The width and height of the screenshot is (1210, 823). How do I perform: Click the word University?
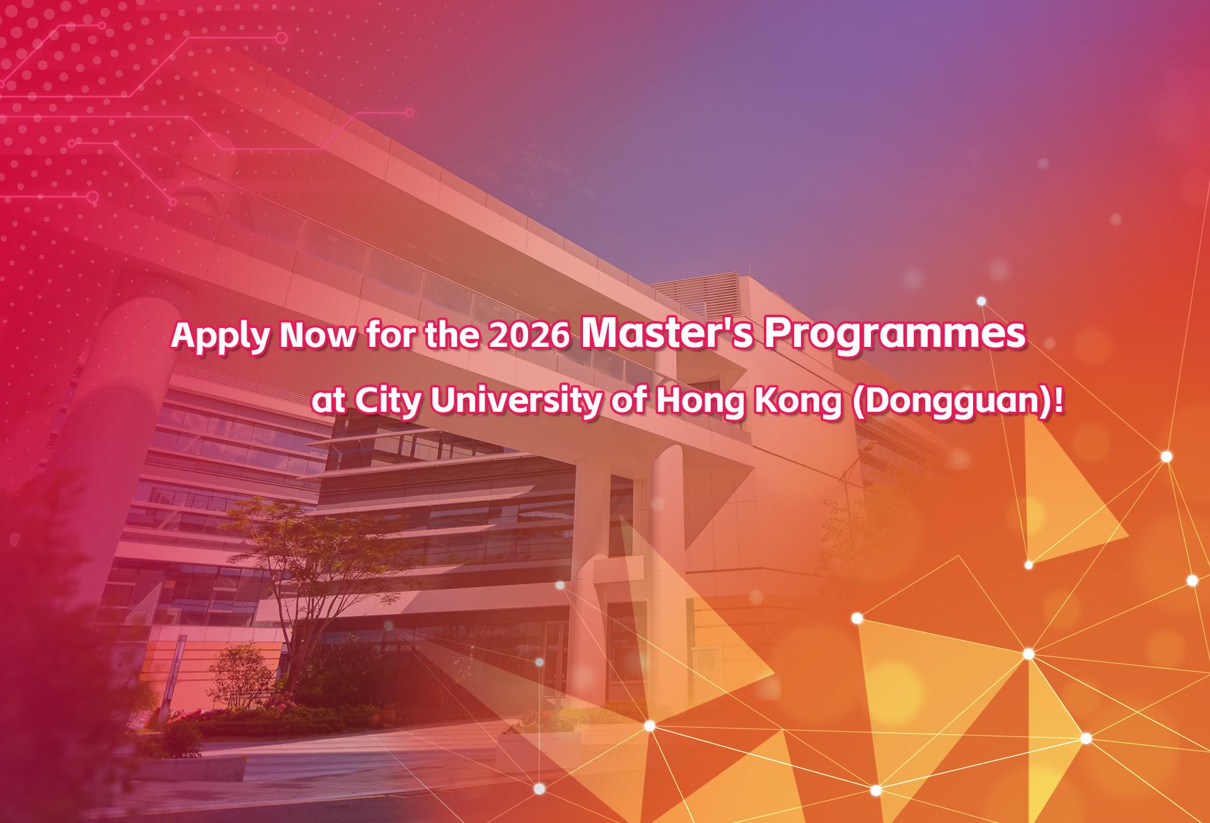pos(516,403)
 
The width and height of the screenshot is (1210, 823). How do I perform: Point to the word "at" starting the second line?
pos(328,404)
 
